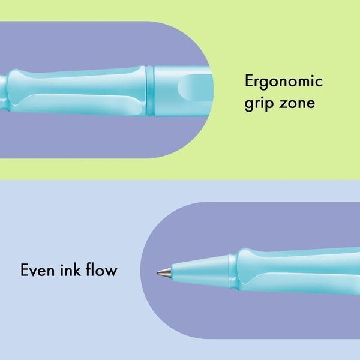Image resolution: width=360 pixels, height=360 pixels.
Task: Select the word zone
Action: click(297, 104)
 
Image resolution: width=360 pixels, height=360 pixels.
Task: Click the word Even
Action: click(38, 270)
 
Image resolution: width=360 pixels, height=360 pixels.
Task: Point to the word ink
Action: click(70, 269)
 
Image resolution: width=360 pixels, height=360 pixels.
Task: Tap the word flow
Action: click(102, 269)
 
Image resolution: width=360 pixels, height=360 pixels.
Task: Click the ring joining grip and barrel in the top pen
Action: click(149, 91)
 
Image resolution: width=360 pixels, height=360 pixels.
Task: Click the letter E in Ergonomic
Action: click(249, 80)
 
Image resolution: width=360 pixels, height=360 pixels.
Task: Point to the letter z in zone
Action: click(284, 104)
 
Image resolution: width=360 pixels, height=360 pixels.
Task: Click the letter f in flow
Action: click(89, 269)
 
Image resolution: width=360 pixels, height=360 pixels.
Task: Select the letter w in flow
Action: click(110, 271)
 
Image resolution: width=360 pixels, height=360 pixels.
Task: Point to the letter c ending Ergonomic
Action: click(319, 82)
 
